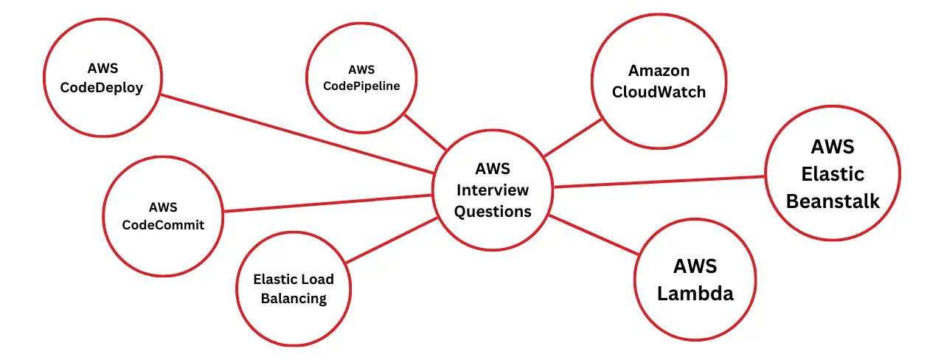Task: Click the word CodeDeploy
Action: [103, 88]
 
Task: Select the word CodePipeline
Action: [361, 86]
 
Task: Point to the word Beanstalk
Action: [833, 201]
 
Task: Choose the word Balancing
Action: [294, 299]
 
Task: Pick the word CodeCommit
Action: [163, 225]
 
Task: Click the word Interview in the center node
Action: [493, 190]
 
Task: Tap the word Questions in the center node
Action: [493, 211]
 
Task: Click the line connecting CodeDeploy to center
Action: [295, 134]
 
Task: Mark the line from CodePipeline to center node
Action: [425, 131]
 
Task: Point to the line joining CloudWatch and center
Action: [574, 137]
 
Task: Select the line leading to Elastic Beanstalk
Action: [659, 181]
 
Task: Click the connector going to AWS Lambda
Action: [594, 235]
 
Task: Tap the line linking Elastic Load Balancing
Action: [391, 240]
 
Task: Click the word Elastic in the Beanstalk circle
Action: [833, 174]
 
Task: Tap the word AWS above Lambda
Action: [695, 266]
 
